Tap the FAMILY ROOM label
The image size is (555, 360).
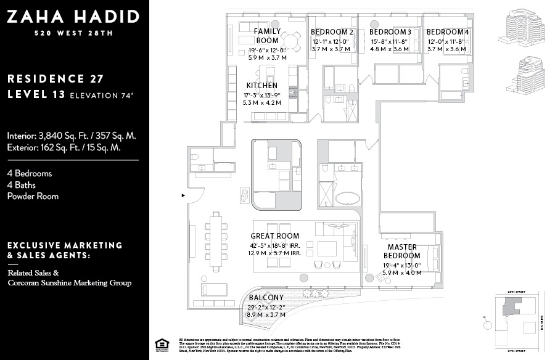coord(267,36)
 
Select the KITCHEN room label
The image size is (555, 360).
coord(261,86)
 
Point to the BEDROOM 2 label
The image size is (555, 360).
coord(332,32)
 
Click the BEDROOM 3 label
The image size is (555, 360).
coord(390,32)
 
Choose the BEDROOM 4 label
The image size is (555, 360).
coord(447,32)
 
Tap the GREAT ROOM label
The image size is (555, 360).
coord(274,235)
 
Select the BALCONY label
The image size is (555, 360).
coord(266,298)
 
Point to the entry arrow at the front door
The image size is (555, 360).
coord(183,195)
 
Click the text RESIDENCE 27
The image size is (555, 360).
coord(55,79)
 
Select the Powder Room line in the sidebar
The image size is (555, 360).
coord(33,196)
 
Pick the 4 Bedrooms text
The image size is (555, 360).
coord(30,173)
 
